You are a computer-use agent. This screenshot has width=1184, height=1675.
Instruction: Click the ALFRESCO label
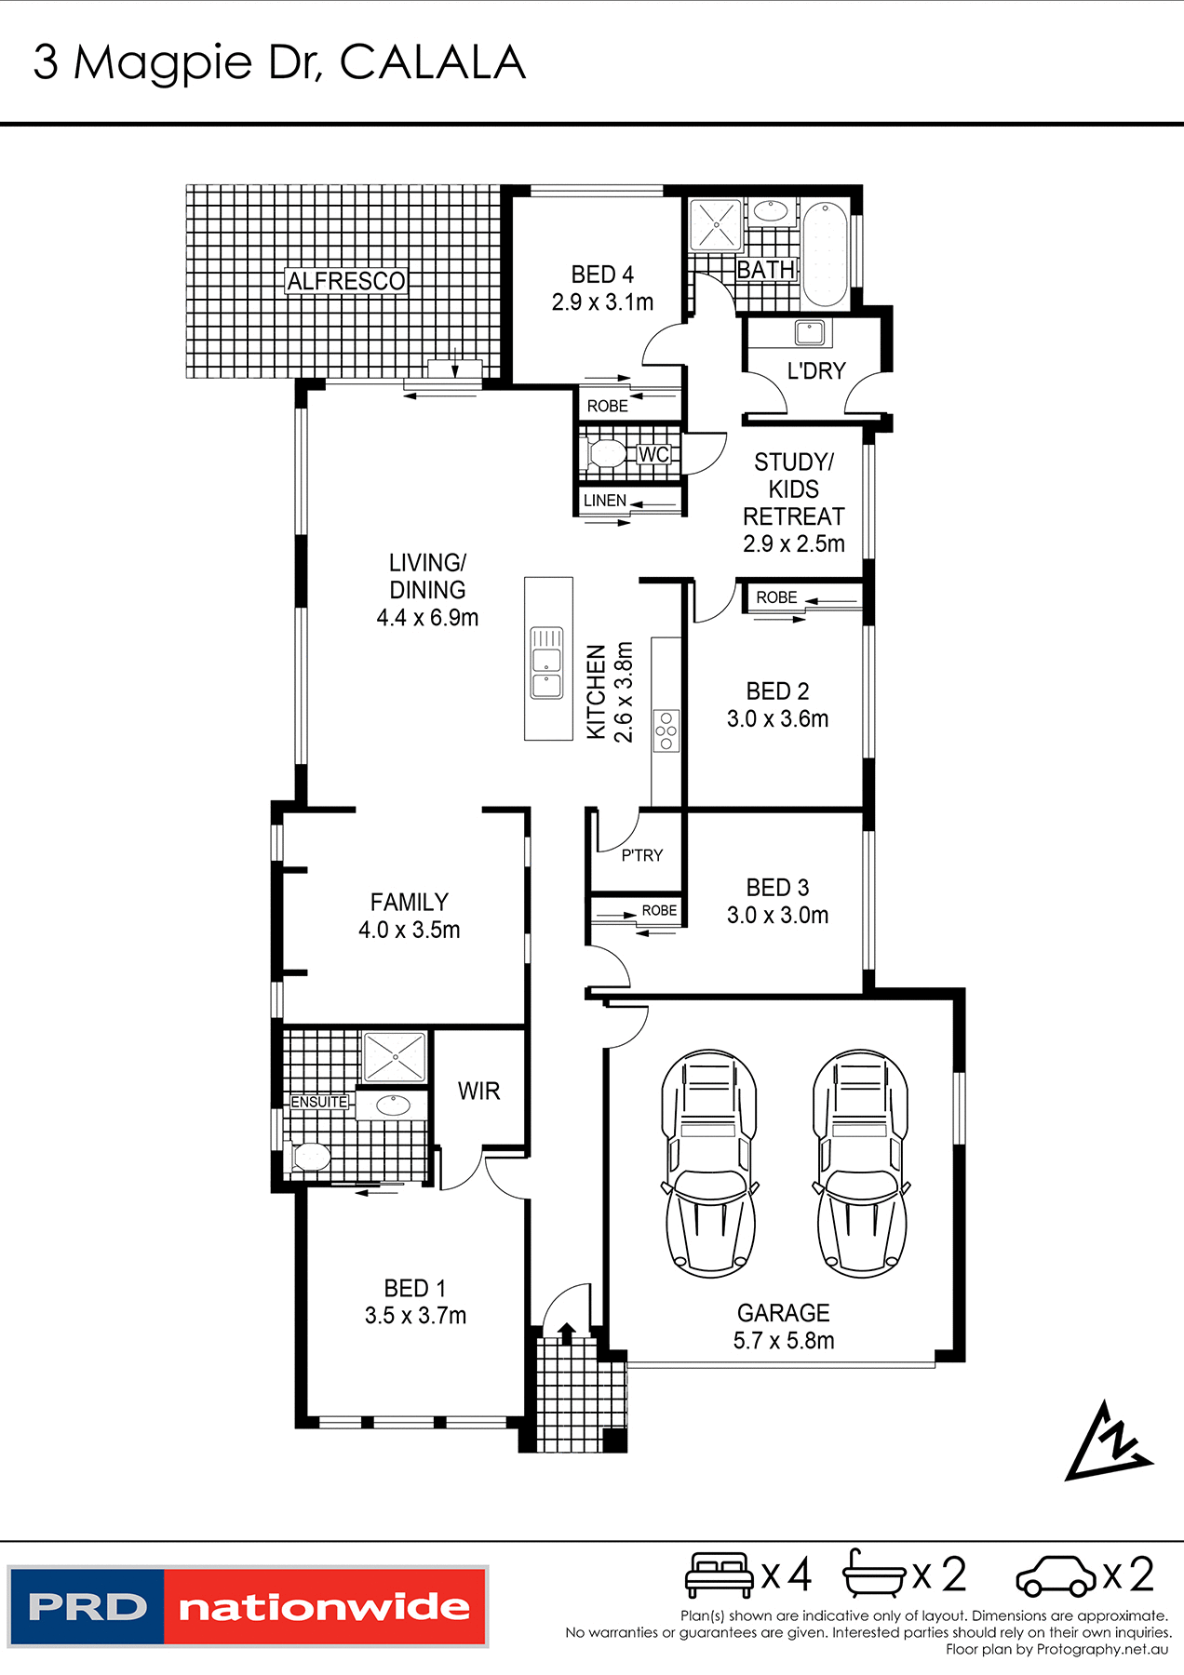point(346,281)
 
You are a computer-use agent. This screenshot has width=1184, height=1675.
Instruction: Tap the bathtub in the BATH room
point(825,254)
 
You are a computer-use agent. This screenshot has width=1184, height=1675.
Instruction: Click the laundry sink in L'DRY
point(808,332)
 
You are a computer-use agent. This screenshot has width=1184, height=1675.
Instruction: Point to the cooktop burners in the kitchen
point(666,730)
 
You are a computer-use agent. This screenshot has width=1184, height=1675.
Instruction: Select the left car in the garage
point(708,1163)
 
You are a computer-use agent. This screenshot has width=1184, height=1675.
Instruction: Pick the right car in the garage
point(861,1163)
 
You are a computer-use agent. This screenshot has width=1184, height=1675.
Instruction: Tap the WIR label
point(478,1091)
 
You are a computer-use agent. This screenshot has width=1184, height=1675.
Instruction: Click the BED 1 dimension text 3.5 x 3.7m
point(415,1316)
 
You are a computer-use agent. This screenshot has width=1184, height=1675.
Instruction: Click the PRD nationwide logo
point(248,1607)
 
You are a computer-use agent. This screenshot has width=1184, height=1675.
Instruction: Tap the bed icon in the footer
point(719,1574)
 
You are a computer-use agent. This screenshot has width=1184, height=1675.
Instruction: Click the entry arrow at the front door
point(565,1333)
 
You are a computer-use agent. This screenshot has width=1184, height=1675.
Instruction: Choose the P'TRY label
point(642,855)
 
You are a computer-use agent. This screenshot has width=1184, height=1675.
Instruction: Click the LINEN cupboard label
point(605,501)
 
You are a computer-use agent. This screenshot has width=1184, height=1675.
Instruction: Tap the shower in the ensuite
point(395,1057)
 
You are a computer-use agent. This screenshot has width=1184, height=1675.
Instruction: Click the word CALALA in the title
point(432,63)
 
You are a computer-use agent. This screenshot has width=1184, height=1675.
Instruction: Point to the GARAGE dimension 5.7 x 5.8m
point(784,1341)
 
